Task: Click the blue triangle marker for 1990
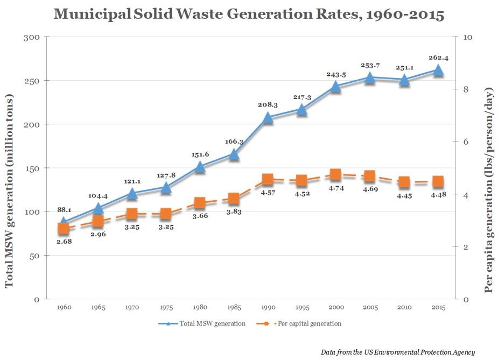(268, 117)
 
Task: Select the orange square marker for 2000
(335, 174)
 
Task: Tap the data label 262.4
(438, 58)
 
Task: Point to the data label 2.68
(64, 242)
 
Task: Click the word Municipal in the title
(90, 15)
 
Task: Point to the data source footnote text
(397, 352)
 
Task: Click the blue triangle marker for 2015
(438, 70)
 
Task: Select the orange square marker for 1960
(64, 229)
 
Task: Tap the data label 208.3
(268, 105)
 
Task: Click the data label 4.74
(335, 187)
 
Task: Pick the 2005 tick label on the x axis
(369, 307)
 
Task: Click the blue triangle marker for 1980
(200, 167)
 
